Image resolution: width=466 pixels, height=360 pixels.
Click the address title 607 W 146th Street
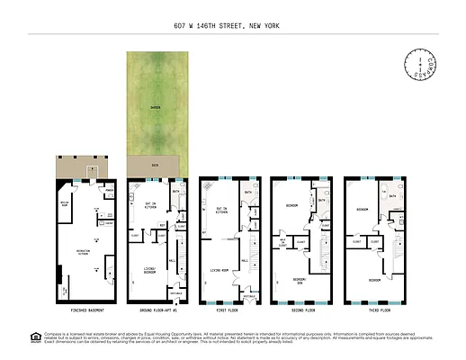233,26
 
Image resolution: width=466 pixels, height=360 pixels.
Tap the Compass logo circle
422,65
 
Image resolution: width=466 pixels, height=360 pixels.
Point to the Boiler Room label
65,203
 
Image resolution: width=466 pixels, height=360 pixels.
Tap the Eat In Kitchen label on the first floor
220,211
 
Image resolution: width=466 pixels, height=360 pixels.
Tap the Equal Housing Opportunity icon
36,338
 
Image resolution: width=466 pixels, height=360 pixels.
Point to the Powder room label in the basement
108,191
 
